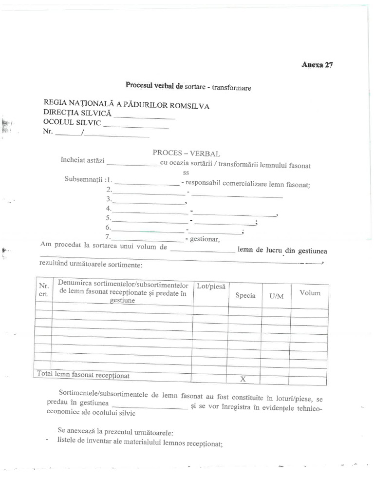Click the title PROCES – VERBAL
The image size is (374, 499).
coord(183,153)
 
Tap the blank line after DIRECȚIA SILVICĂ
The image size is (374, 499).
coord(144,117)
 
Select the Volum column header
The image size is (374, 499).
coord(310,293)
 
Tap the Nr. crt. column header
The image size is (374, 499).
coord(43,291)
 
